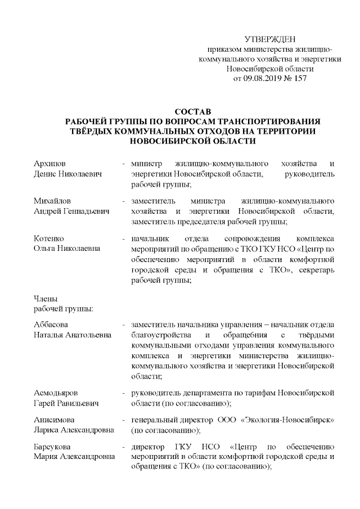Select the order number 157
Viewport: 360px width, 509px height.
coord(301,79)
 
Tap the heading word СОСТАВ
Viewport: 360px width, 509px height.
coord(192,111)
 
